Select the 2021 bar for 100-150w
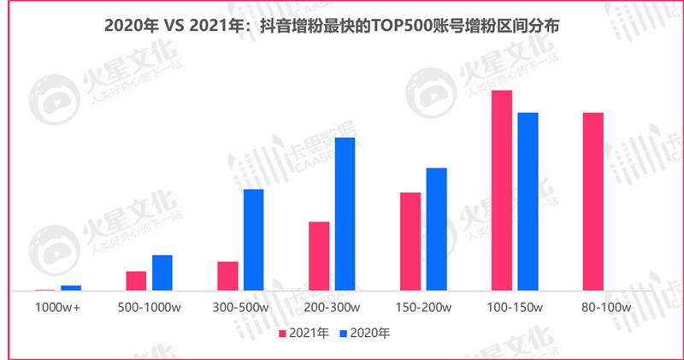click(502, 191)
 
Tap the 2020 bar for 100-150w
click(528, 202)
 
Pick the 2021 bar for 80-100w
click(593, 202)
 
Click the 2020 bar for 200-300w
click(345, 214)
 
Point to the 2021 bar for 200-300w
click(319, 257)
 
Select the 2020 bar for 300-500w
click(254, 239)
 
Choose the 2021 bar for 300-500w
click(227, 276)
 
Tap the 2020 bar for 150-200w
click(436, 229)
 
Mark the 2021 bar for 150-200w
click(410, 242)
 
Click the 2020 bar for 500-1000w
click(162, 273)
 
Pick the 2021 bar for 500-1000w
click(136, 281)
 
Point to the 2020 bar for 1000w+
click(71, 288)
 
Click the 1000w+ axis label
click(58, 307)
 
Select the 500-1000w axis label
click(150, 307)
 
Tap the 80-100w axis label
click(605, 307)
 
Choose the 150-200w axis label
click(423, 307)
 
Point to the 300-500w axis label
click(240, 307)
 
